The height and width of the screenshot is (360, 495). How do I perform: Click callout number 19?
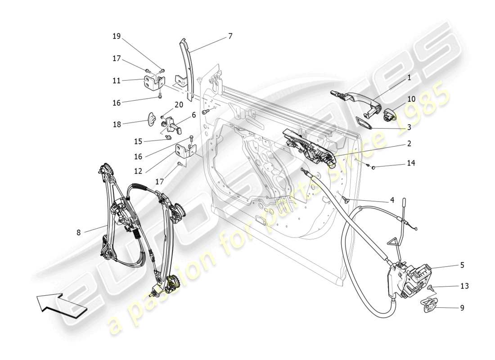tap(117, 36)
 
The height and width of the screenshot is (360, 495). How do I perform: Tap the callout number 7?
tap(230, 36)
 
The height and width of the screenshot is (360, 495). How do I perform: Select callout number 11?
tap(117, 81)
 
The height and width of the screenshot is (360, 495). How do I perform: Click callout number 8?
tap(79, 233)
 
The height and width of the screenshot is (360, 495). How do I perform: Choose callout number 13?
tap(464, 286)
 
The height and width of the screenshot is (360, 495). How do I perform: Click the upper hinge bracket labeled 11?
tap(153, 83)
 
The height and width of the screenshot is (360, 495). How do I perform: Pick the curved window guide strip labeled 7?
tap(188, 67)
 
